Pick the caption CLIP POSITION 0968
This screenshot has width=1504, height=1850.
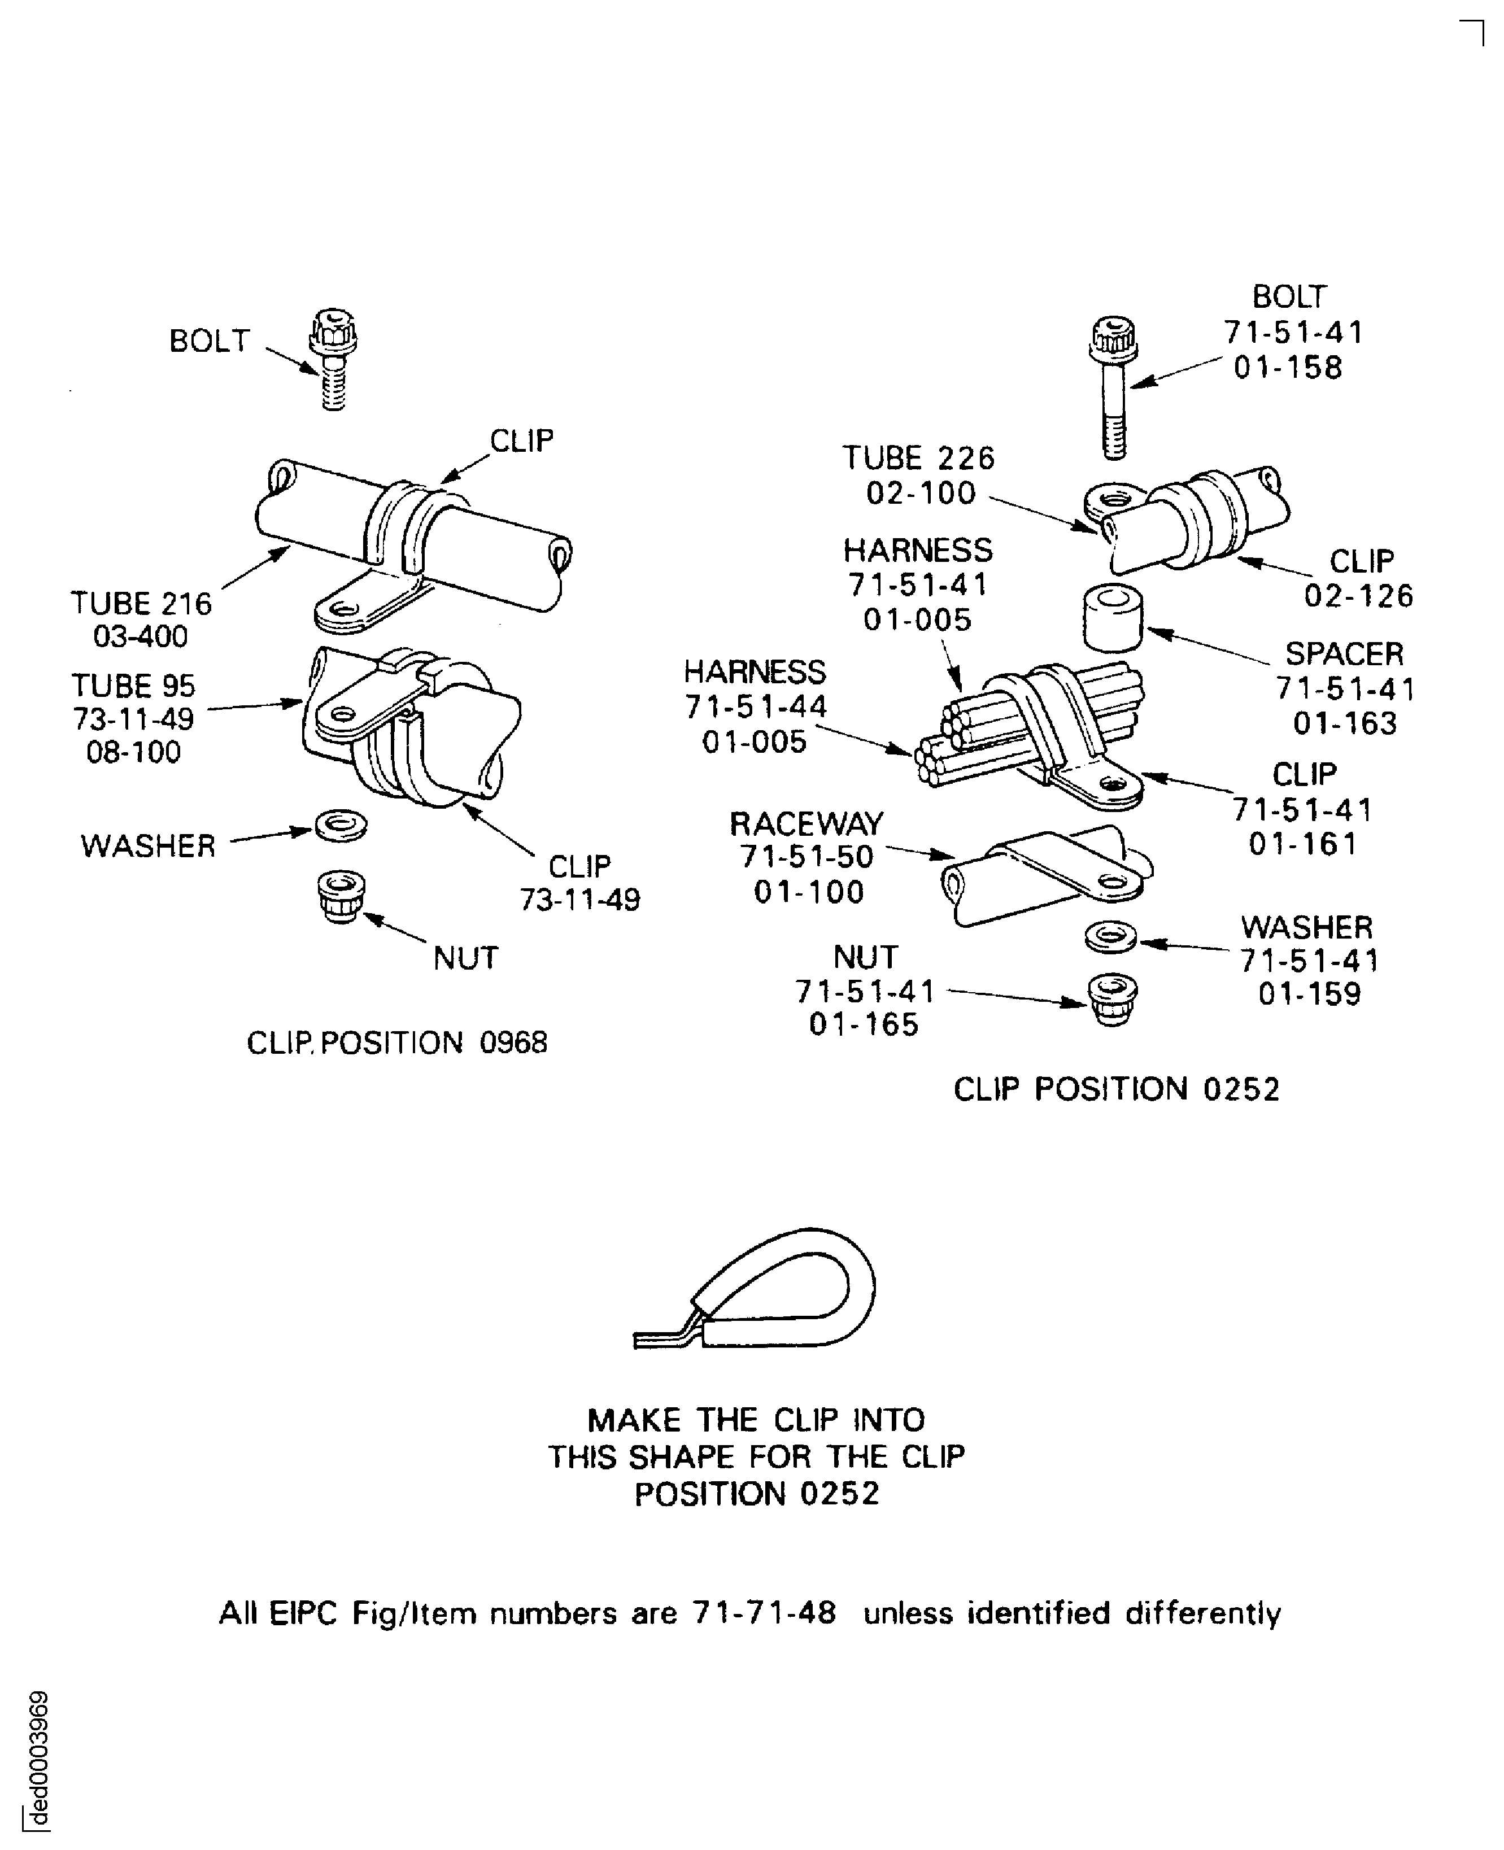[397, 1043]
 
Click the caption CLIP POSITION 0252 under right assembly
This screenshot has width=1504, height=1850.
[1116, 1089]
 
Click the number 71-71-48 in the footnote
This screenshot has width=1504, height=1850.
[764, 1613]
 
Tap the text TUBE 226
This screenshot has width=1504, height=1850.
[918, 457]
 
